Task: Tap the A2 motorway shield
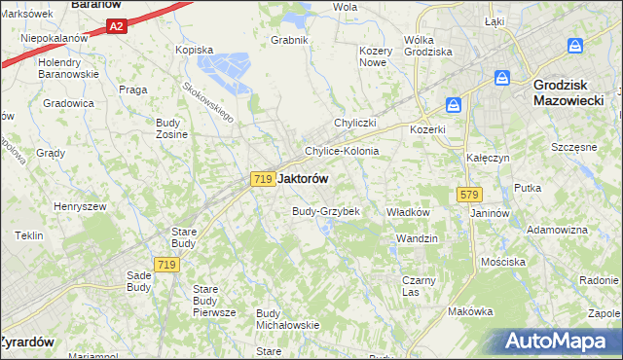[x=116, y=26]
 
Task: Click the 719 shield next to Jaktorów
[x=261, y=179]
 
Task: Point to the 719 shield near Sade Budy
[x=165, y=265]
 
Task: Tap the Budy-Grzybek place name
[x=326, y=211]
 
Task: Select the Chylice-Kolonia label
[x=341, y=152]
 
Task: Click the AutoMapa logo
[x=554, y=342]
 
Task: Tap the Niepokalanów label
[x=55, y=38]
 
